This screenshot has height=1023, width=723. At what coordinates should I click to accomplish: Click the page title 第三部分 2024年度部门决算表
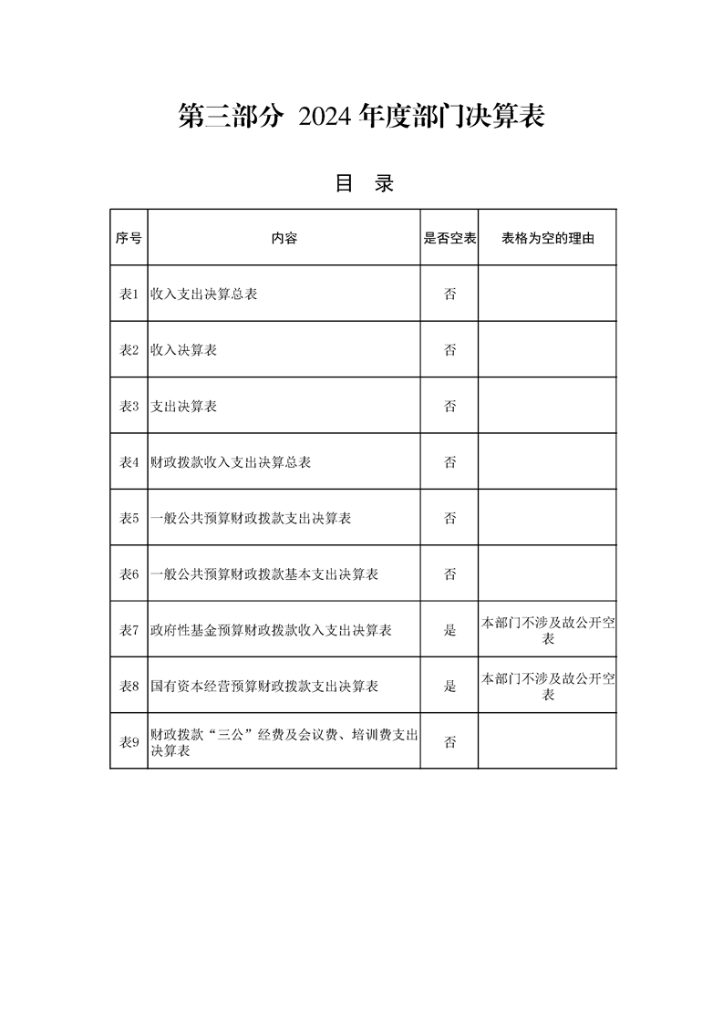point(361,117)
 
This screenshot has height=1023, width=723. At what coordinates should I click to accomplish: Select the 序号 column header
point(129,238)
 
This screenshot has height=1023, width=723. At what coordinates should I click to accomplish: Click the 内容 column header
point(284,238)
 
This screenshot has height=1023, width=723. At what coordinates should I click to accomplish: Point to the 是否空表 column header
point(449,238)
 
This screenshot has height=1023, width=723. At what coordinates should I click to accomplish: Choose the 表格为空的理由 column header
point(547,238)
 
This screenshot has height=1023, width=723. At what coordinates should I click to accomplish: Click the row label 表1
point(129,294)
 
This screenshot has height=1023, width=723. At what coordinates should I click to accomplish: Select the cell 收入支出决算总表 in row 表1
point(204,294)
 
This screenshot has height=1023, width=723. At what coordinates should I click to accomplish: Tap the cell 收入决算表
point(184,350)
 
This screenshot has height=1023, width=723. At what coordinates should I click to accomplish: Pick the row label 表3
point(129,407)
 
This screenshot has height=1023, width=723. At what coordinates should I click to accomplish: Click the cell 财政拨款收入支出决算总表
point(232,462)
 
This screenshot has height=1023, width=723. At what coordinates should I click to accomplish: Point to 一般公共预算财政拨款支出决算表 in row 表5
point(252,519)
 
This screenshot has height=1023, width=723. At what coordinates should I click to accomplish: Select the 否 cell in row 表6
point(449,574)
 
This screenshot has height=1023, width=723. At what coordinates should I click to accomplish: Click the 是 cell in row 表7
point(449,630)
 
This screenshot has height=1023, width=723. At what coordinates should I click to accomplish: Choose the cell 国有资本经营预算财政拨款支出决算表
point(265,687)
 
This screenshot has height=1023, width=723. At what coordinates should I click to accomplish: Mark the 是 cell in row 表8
point(449,687)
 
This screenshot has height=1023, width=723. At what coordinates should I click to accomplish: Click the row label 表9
point(129,742)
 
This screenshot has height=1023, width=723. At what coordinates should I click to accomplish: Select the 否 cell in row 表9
point(449,742)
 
